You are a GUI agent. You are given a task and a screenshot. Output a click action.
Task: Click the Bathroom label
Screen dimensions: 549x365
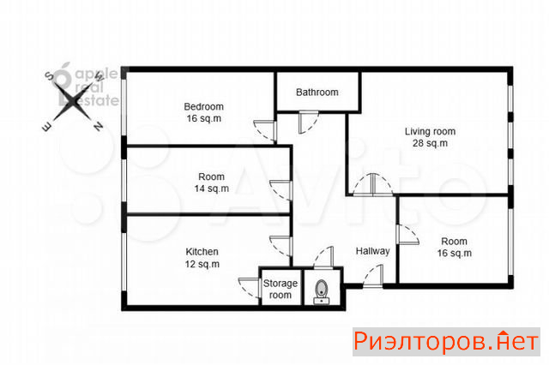click(317, 93)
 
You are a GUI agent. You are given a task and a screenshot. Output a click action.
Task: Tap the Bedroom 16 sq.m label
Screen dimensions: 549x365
click(204, 112)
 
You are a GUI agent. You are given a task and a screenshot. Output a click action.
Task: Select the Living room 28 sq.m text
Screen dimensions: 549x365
click(431, 137)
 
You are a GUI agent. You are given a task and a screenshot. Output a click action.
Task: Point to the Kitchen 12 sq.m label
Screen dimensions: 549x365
click(202, 258)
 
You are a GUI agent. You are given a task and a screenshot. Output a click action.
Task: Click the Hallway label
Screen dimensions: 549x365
click(373, 251)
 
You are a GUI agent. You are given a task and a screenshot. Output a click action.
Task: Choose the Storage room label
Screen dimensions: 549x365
click(281, 289)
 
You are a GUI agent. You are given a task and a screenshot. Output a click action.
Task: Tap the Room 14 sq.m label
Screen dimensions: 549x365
click(212, 182)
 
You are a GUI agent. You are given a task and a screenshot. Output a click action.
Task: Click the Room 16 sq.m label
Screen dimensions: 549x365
click(454, 247)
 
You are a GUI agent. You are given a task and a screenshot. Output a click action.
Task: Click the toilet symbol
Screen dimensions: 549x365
click(322, 292)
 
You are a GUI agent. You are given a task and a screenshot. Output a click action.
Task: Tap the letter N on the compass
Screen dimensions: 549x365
click(99, 126)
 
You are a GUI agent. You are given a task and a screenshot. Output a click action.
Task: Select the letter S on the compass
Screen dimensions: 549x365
click(49, 76)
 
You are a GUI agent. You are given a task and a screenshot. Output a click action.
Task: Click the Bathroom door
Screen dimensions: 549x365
click(309, 123)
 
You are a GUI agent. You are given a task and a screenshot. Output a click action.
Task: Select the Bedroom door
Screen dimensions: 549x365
click(265, 131)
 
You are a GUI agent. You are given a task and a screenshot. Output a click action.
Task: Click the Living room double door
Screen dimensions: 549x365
click(373, 184)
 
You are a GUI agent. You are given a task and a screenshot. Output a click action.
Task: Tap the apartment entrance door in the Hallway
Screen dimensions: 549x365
click(373, 276)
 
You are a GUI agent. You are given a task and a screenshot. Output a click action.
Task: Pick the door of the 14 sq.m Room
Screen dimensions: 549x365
click(281, 190)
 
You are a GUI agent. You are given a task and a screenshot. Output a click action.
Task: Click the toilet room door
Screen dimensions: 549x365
click(323, 258)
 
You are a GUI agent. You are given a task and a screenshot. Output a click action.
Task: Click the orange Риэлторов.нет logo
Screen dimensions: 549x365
click(446, 342)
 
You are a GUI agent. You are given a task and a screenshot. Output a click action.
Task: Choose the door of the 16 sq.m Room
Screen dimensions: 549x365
click(408, 234)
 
